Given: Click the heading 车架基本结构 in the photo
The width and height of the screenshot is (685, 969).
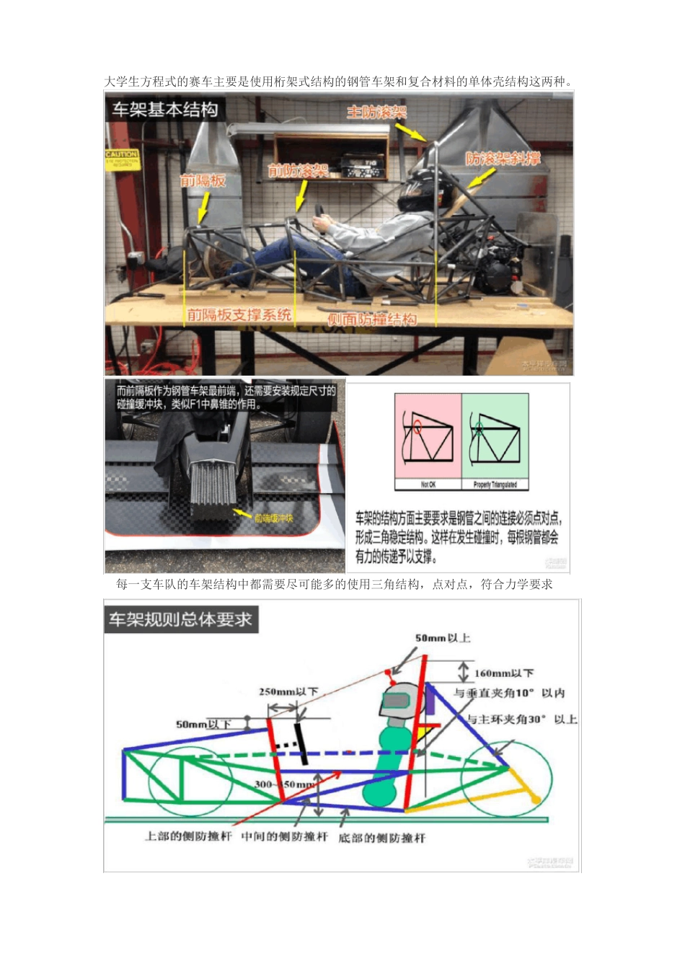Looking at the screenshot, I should [164, 110].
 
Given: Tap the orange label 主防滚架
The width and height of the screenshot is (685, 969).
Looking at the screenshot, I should [376, 112].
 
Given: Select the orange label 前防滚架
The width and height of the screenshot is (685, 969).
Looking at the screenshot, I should [298, 170].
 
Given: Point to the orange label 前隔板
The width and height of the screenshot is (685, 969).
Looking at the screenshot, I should [203, 180].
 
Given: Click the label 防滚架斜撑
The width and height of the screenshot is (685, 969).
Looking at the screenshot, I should [503, 159].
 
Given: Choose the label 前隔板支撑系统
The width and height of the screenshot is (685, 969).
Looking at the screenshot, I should [239, 314].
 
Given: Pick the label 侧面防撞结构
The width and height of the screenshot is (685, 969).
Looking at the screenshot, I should [371, 319].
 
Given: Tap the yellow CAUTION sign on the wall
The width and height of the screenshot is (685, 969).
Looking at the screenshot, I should [122, 158].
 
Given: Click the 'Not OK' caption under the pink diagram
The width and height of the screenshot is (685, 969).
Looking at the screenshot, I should [428, 485].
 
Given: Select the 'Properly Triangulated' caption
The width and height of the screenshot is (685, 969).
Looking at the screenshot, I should [495, 485].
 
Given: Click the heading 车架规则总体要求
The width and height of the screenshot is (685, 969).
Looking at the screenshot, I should [180, 619].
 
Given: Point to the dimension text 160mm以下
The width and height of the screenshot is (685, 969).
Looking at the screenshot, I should [504, 673].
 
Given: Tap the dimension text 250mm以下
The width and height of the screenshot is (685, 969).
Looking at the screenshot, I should [288, 692].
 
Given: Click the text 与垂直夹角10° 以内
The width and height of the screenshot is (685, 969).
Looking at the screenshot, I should [509, 693].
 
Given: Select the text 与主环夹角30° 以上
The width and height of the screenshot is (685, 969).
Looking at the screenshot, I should [522, 719].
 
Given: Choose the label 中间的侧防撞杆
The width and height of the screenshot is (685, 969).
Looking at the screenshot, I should [284, 836].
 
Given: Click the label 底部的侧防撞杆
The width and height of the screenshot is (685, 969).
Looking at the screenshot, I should [381, 838].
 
